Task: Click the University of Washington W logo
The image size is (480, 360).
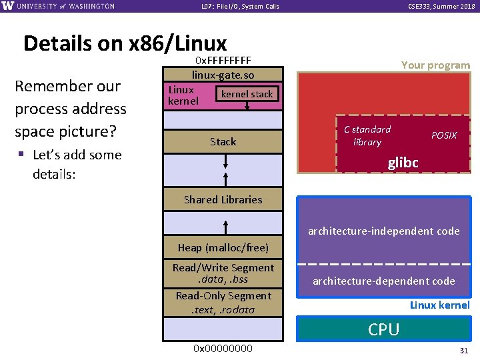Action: [8, 6]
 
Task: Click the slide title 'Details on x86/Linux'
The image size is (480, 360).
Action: [125, 43]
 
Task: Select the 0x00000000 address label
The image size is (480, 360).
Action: [223, 349]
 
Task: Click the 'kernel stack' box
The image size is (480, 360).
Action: [247, 94]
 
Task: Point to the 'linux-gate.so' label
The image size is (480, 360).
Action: [223, 75]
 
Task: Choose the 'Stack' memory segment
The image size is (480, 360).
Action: [223, 141]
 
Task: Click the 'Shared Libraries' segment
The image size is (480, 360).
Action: [223, 199]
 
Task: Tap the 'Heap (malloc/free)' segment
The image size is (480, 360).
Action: [223, 248]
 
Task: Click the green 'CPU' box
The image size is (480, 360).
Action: [383, 329]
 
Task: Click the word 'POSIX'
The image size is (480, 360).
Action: [444, 135]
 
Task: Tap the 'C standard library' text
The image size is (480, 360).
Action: [367, 135]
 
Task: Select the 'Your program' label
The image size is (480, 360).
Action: [435, 65]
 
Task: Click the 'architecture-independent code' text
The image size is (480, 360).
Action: [383, 231]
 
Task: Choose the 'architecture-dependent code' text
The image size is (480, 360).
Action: [384, 281]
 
